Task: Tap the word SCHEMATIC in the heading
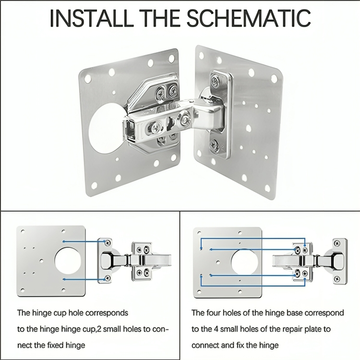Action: (248, 18)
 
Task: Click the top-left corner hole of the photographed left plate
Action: (87, 77)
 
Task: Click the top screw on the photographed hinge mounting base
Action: (215, 81)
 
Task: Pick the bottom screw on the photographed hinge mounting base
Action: (215, 144)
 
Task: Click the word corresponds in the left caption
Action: (108, 313)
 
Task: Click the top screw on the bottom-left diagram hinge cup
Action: (107, 243)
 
